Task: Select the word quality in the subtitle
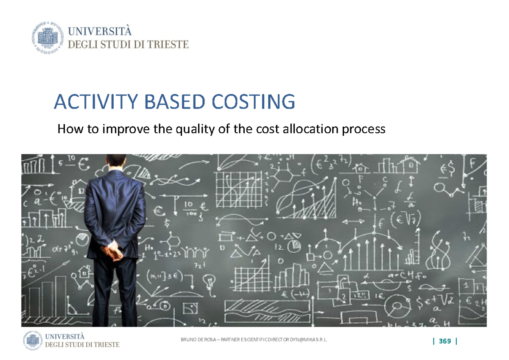pos(193,129)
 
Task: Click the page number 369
pos(445,341)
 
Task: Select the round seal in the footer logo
pos(32,340)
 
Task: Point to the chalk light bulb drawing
pos(208,281)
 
